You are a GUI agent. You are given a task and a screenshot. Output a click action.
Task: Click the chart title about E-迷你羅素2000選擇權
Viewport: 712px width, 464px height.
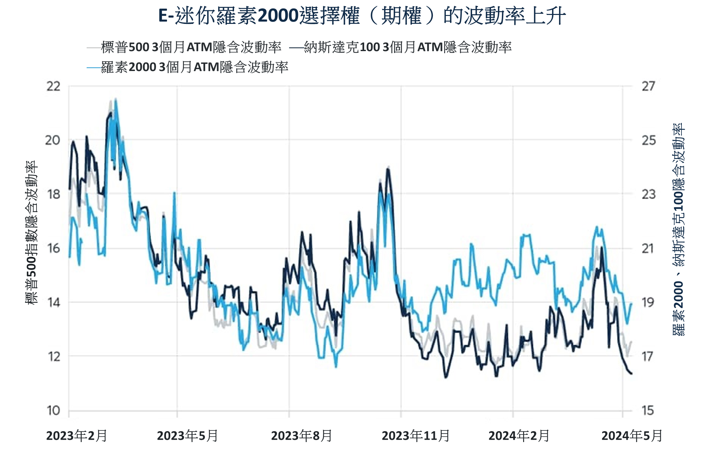click(362, 16)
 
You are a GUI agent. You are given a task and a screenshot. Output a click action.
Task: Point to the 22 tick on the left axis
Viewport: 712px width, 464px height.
click(53, 86)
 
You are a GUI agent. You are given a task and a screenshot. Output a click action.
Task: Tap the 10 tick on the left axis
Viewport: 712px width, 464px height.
click(53, 411)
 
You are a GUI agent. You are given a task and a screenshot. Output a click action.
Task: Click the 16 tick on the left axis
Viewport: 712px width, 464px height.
click(53, 248)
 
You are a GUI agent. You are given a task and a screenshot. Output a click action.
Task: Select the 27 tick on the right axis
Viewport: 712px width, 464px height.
click(648, 86)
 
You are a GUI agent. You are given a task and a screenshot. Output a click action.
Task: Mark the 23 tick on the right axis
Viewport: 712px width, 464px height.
click(648, 194)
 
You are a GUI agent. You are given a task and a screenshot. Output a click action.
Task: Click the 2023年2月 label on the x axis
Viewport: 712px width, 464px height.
click(77, 436)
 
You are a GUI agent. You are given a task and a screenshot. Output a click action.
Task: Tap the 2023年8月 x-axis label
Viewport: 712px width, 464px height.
click(301, 436)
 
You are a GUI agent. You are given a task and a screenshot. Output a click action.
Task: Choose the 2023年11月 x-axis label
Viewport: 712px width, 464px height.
click(416, 436)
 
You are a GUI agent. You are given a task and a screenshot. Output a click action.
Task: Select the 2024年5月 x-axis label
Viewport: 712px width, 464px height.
click(632, 436)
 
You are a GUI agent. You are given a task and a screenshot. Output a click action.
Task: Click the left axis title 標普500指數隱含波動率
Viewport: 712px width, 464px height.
click(32, 232)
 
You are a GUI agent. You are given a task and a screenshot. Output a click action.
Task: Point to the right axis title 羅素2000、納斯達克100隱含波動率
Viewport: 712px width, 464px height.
click(678, 229)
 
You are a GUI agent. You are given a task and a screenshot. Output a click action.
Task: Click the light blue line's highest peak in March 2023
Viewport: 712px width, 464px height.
click(116, 99)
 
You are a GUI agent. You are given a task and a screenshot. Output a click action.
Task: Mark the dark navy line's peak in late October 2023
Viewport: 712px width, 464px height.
click(388, 169)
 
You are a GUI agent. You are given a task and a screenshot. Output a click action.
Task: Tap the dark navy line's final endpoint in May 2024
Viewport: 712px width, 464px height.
click(631, 374)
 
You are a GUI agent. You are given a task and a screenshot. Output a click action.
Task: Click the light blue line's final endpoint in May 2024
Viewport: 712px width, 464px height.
click(631, 303)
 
